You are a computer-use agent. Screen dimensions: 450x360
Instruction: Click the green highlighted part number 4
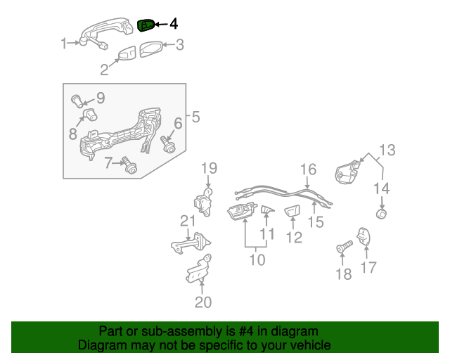(x=146, y=25)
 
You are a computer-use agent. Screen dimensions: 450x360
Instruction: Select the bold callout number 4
(x=174, y=24)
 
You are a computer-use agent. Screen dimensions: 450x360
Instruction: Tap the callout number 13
(x=387, y=150)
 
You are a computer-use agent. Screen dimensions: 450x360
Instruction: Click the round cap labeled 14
(x=382, y=214)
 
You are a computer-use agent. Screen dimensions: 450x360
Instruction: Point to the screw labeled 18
(x=344, y=247)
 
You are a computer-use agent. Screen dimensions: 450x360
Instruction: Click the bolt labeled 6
(x=168, y=144)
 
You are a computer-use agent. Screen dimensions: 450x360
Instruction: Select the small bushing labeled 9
(x=77, y=101)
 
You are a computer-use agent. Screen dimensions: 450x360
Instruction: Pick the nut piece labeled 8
(x=91, y=115)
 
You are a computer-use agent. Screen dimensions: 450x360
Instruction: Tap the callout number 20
(x=203, y=302)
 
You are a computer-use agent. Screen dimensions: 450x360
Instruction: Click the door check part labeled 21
(x=191, y=243)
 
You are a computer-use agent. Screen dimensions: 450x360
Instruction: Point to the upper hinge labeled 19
(x=203, y=202)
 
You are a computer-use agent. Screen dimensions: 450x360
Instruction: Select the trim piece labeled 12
(x=292, y=212)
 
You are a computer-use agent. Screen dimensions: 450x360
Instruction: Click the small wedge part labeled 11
(x=267, y=210)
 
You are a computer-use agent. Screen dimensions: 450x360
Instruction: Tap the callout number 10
(x=257, y=260)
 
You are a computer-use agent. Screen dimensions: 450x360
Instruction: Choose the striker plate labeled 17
(x=364, y=236)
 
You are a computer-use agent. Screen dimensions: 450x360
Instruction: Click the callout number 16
(x=308, y=169)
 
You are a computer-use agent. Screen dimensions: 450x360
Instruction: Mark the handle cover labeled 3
(x=151, y=49)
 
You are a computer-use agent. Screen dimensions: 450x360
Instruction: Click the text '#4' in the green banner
(x=246, y=332)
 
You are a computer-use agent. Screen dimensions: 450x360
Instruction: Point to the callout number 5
(x=195, y=117)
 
